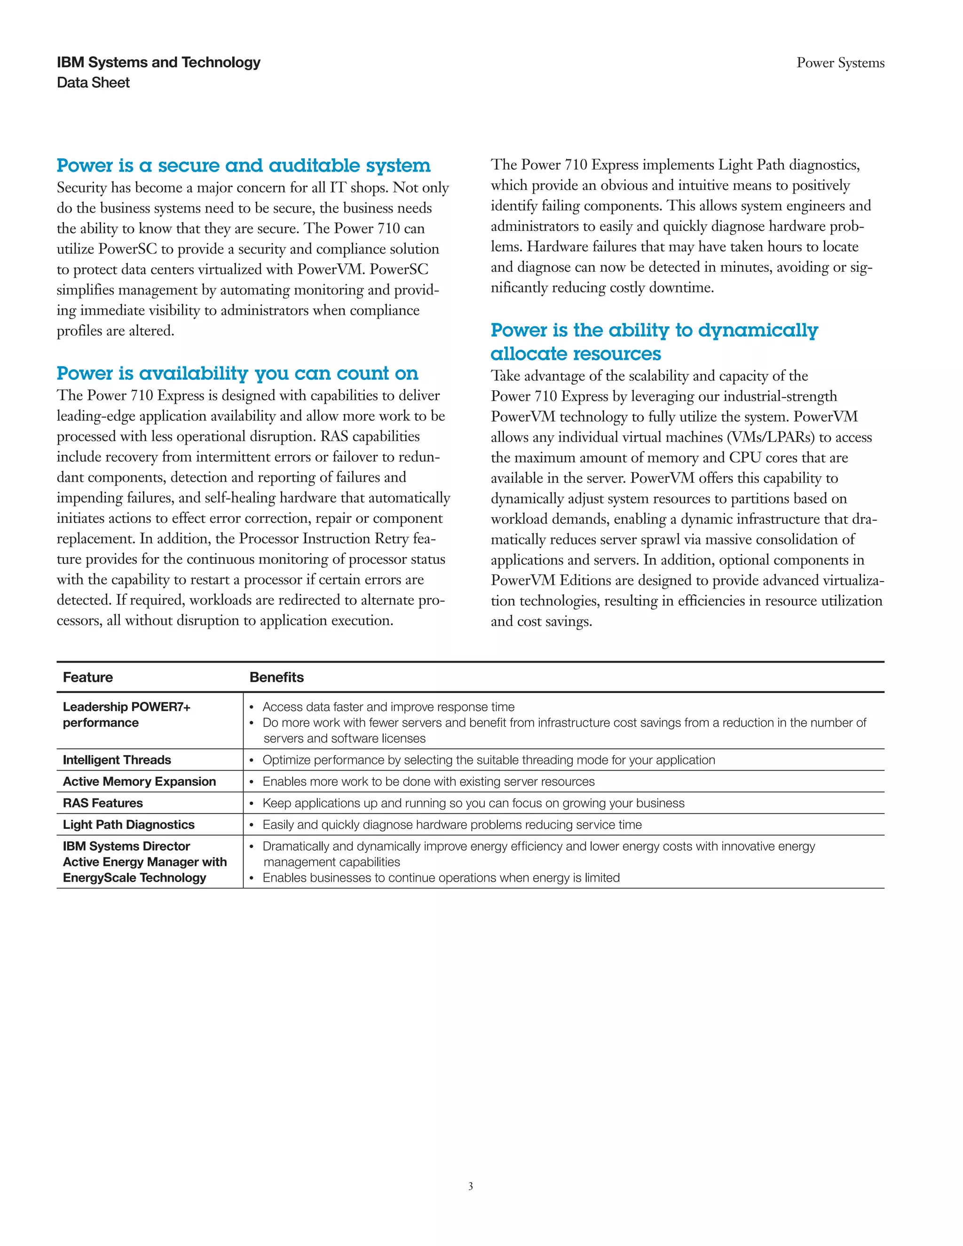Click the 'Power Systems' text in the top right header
(840, 63)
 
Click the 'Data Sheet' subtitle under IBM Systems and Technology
(94, 83)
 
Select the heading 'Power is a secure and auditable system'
(244, 166)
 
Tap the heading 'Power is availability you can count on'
(237, 373)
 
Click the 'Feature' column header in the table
(88, 677)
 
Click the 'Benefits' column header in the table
(276, 677)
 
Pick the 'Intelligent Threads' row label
(117, 760)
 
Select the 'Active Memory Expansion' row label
(139, 781)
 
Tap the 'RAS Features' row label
(103, 803)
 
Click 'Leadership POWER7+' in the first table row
(126, 707)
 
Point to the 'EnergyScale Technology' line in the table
(134, 877)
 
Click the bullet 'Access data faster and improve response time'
(388, 707)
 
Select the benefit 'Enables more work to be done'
(428, 781)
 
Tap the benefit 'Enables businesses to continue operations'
(441, 877)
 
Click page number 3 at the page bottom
(471, 1186)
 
